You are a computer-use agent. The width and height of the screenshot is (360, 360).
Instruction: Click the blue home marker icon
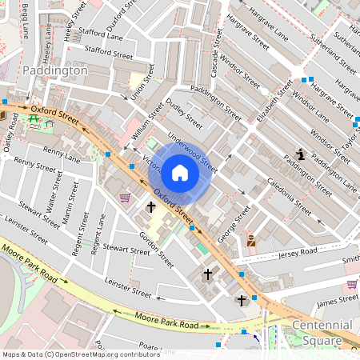click(180, 172)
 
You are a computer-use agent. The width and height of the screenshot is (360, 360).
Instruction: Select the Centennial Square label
click(322, 331)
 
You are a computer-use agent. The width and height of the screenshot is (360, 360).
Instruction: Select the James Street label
click(337, 299)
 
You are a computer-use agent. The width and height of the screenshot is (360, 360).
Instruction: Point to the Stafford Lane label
click(102, 37)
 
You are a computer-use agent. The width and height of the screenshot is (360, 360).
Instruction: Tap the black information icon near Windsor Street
click(300, 154)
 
